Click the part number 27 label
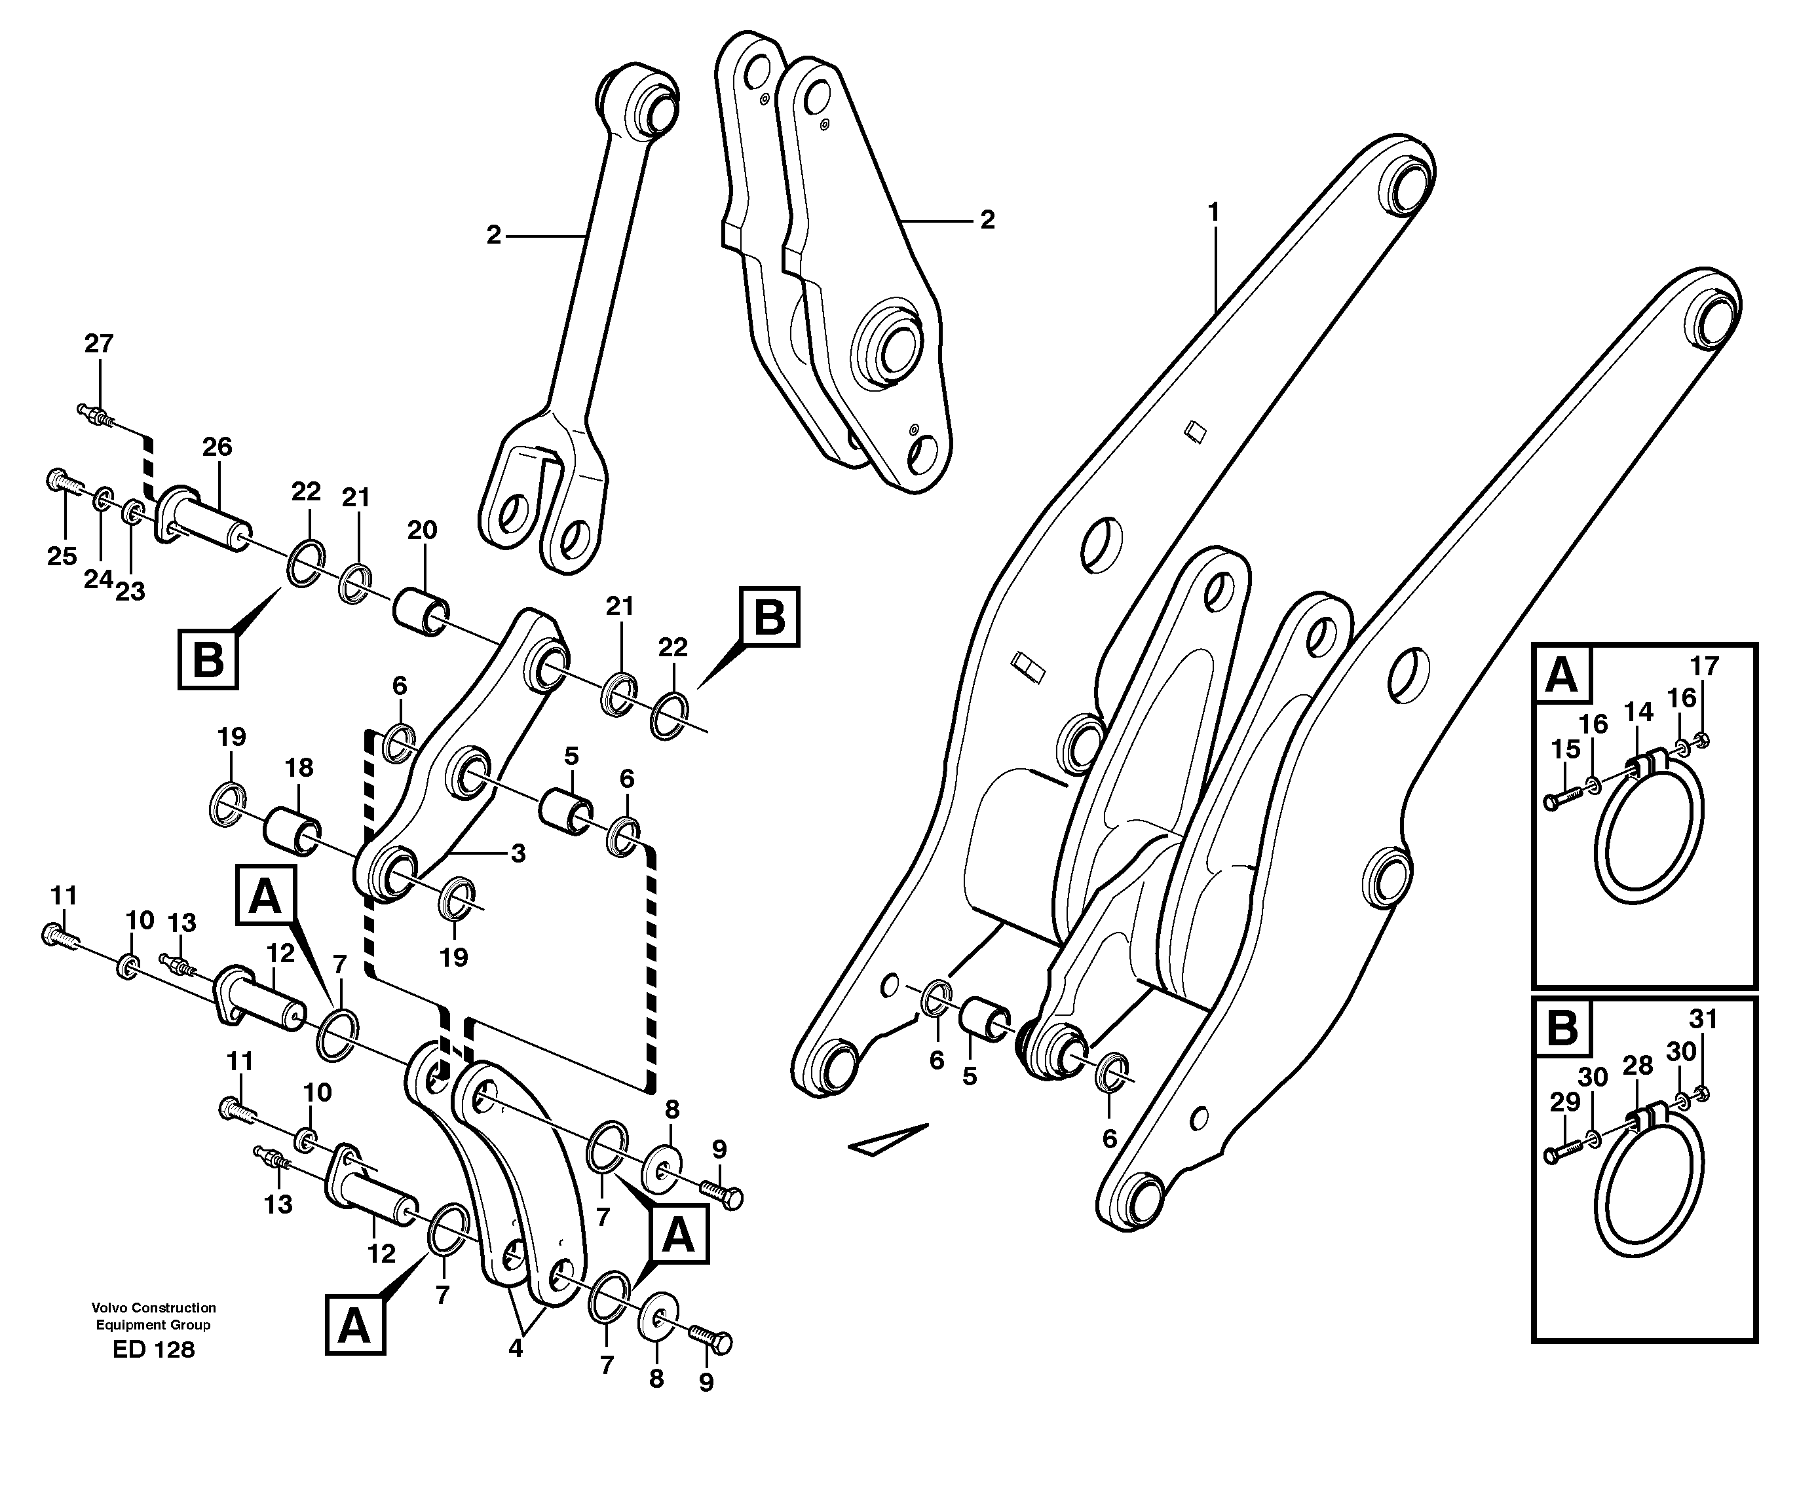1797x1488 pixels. pyautogui.click(x=98, y=344)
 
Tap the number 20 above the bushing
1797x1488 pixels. pyautogui.click(x=422, y=530)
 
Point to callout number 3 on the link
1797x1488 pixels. pyautogui.click(x=518, y=853)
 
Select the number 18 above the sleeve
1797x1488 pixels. pyautogui.click(x=299, y=768)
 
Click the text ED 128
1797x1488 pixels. pyautogui.click(x=154, y=1350)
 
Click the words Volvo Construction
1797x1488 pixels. pyautogui.click(x=154, y=1307)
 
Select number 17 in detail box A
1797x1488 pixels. pyautogui.click(x=1704, y=665)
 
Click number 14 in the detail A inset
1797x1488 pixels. pyautogui.click(x=1638, y=711)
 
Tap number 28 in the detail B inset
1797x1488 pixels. pyautogui.click(x=1638, y=1066)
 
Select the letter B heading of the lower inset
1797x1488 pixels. pyautogui.click(x=1562, y=1028)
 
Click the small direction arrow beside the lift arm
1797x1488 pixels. pyautogui.click(x=888, y=1141)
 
